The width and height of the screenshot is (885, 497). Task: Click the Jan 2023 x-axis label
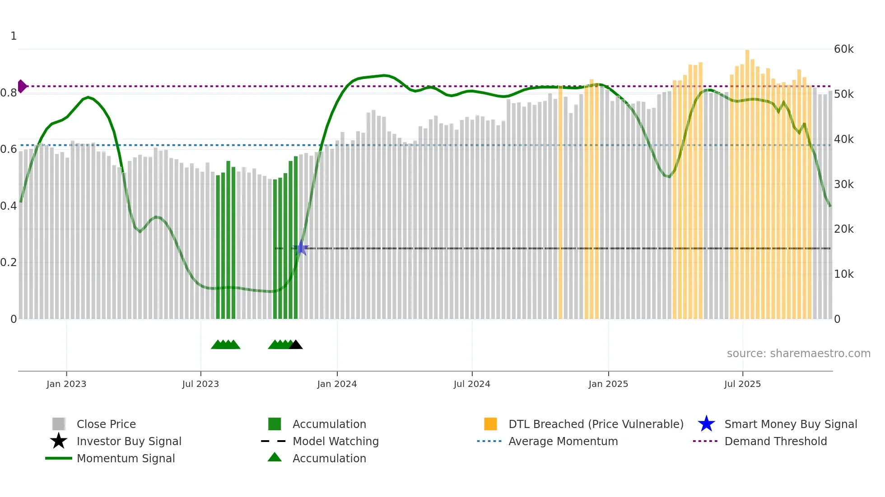[x=66, y=384]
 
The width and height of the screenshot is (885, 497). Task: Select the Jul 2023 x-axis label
[x=200, y=384]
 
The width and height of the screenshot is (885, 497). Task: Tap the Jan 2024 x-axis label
[x=337, y=384]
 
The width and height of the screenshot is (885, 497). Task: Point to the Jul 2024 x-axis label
[x=472, y=384]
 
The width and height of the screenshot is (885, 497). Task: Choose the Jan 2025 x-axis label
[x=608, y=384]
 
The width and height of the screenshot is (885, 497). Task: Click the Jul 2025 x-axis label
[x=742, y=384]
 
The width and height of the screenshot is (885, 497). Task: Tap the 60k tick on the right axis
[x=843, y=49]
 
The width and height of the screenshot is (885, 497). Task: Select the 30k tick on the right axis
[x=843, y=184]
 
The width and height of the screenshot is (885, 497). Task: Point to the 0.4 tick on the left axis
[x=9, y=206]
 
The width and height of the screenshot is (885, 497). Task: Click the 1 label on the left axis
[x=14, y=36]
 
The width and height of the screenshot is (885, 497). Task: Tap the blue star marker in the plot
[x=301, y=248]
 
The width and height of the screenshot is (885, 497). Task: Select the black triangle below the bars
[x=296, y=345]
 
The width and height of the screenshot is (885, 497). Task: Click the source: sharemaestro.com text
[x=798, y=354]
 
